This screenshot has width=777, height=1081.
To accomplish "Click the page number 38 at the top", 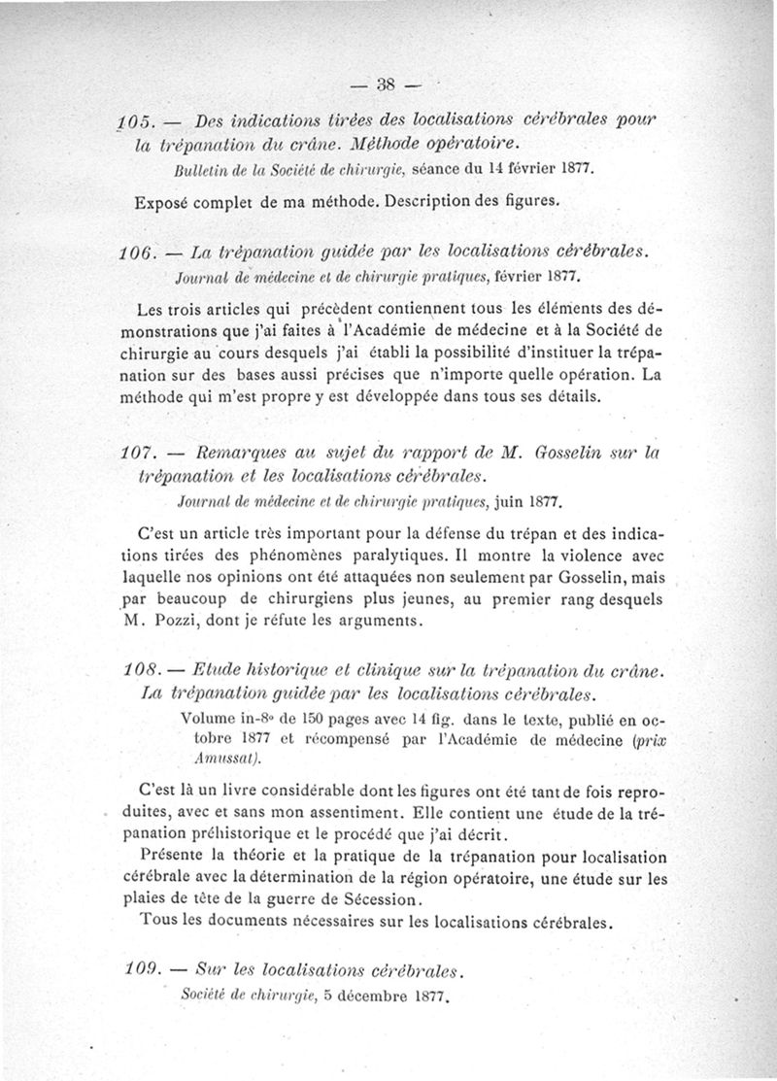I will [x=388, y=85].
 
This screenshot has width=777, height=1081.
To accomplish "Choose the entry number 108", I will [x=142, y=671].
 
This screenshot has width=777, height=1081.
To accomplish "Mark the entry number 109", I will [x=142, y=969].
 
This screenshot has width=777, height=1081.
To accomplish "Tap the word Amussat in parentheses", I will [x=224, y=758].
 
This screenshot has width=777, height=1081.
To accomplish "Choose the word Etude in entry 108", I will [x=216, y=671].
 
